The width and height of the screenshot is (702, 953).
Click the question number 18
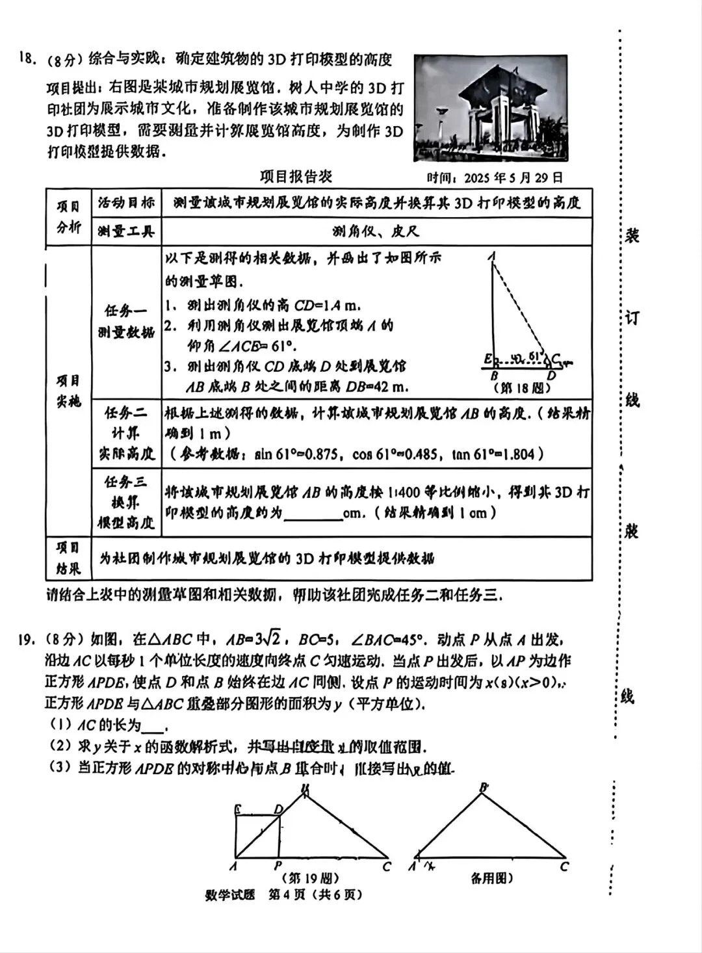click(26, 59)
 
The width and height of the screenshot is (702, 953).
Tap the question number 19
click(26, 640)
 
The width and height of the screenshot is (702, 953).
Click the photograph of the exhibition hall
click(491, 107)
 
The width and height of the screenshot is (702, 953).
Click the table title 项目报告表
click(296, 177)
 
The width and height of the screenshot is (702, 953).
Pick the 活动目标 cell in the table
click(126, 203)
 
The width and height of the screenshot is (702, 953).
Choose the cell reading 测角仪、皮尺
click(376, 231)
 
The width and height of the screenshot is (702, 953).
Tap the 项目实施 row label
click(68, 391)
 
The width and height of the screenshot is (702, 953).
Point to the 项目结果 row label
click(68, 558)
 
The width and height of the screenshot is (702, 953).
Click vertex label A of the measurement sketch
click(493, 256)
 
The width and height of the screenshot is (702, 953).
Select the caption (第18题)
click(523, 387)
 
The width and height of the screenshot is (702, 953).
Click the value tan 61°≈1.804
click(499, 454)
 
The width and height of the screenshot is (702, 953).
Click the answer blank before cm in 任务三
click(314, 514)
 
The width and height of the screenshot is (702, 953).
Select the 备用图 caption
click(492, 878)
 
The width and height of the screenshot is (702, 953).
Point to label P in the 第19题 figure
click(278, 866)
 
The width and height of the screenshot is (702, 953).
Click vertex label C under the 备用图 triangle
click(564, 866)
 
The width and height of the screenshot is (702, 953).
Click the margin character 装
click(631, 235)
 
